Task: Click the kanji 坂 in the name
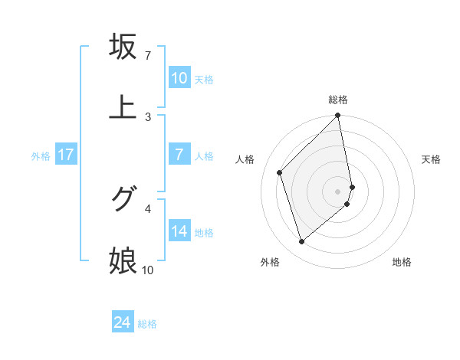pos(123,47)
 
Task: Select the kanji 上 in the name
pos(123,106)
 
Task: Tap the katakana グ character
pos(123,200)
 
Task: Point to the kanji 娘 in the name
pos(123,260)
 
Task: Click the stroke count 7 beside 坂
pos(147,57)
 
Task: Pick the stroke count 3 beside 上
pos(147,116)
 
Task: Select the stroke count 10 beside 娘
pos(148,270)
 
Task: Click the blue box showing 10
pos(179,78)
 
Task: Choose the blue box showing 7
pos(179,155)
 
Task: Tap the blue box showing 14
pos(179,231)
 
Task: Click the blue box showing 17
pos(66,155)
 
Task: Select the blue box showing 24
pos(123,323)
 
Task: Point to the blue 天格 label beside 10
pos(204,79)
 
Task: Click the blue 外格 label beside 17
pos(41,155)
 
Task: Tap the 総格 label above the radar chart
pos(338,100)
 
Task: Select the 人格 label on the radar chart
pos(246,159)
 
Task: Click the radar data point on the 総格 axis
pos(338,116)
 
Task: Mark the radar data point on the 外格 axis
pos(301,241)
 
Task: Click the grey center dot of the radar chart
pos(338,191)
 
